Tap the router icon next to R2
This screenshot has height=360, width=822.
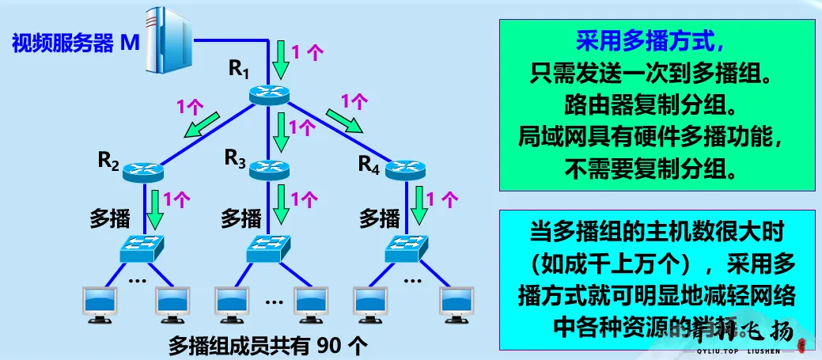click(x=142, y=170)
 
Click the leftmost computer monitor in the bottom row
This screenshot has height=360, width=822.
click(x=101, y=305)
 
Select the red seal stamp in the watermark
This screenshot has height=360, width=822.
click(x=801, y=345)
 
